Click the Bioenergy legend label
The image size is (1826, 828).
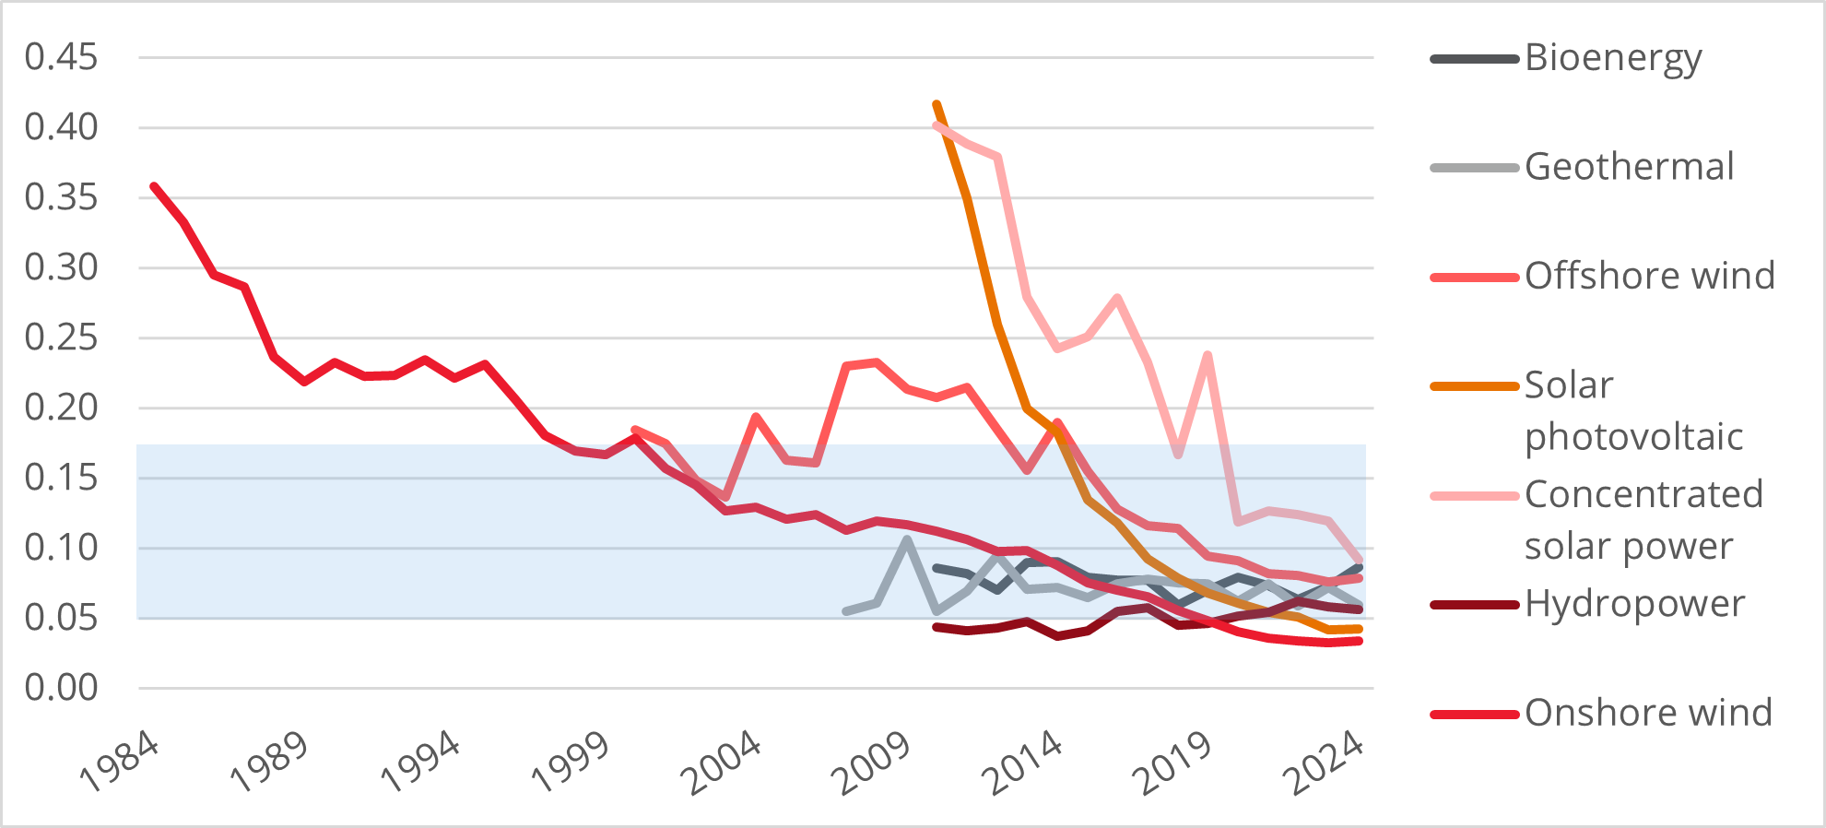pos(1612,59)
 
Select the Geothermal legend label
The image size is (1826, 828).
pos(1629,167)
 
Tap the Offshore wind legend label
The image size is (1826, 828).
pos(1649,276)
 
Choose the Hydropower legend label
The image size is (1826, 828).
pos(1634,604)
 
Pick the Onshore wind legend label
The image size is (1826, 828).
pos(1648,713)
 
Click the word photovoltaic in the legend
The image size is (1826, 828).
pos(1633,437)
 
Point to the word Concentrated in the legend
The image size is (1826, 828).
pos(1643,494)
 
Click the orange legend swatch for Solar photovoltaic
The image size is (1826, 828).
pos(1474,386)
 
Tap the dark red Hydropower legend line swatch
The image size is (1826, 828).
pos(1474,605)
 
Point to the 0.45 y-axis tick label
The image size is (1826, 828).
pos(61,57)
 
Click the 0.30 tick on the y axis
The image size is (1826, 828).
pos(61,267)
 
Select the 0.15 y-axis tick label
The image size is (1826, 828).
pos(61,478)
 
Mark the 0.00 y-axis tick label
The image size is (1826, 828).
pos(61,688)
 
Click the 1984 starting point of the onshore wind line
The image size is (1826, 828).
pos(154,186)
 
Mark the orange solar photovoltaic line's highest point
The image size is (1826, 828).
pos(937,104)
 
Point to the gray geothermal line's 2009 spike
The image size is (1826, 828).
pos(907,539)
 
